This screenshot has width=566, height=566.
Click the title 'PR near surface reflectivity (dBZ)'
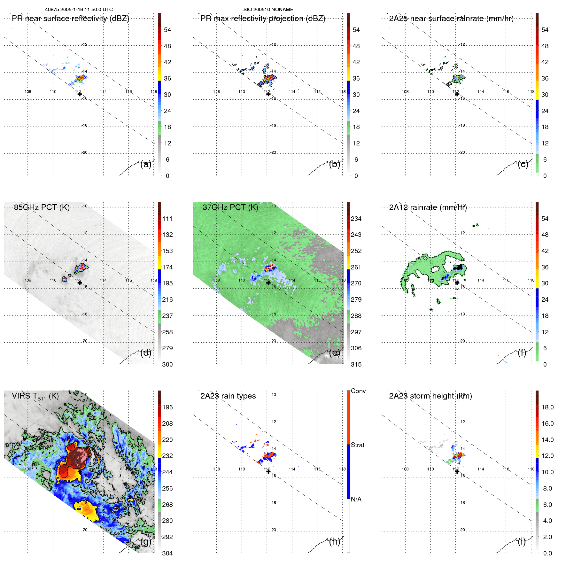click(x=70, y=19)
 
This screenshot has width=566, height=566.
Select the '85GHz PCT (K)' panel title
click(x=42, y=207)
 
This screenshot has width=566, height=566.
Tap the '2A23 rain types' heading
click(x=228, y=396)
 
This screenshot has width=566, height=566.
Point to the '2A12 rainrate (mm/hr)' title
click(x=428, y=207)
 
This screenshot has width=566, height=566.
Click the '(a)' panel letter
click(x=146, y=164)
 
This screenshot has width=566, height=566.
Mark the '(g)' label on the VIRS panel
click(x=146, y=542)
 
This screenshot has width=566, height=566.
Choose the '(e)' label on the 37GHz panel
click(x=334, y=353)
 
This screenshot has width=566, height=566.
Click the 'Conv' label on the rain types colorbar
click(x=358, y=391)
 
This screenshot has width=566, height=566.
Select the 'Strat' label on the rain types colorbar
click(x=357, y=445)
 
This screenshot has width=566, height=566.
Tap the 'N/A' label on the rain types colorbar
click(x=356, y=499)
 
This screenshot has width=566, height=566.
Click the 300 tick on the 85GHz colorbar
click(x=167, y=364)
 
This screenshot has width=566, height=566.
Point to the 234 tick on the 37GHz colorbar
click(x=356, y=219)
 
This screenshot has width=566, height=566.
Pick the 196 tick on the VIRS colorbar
click(x=167, y=407)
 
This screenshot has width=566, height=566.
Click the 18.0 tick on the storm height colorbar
click(x=547, y=407)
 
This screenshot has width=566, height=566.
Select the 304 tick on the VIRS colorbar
click(x=167, y=553)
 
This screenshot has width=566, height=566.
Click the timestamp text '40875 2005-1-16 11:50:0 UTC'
click(x=79, y=10)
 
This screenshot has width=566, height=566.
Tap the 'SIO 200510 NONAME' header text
click(x=268, y=10)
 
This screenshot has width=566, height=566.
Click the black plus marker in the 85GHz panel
click(x=80, y=283)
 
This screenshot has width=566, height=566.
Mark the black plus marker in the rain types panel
click(x=268, y=471)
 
